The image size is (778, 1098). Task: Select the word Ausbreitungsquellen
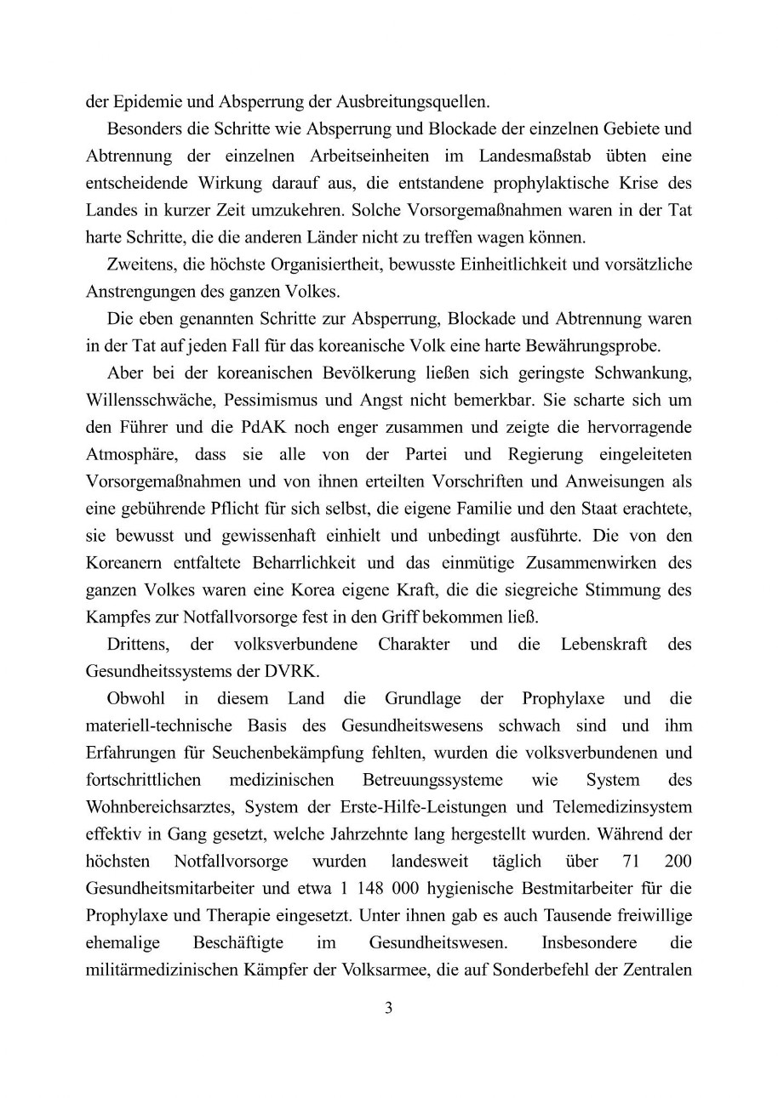coord(418,102)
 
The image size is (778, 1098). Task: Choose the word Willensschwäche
coord(142,400)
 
